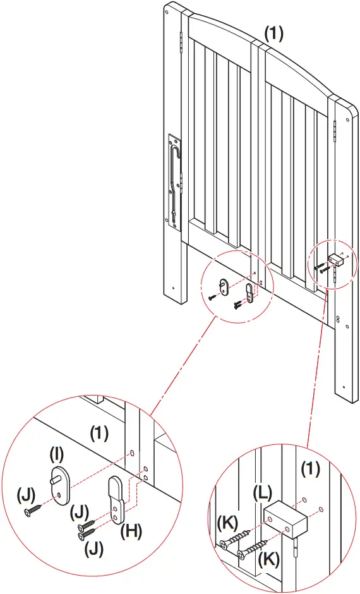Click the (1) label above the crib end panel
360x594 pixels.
[273, 34]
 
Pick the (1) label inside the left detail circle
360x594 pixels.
[100, 433]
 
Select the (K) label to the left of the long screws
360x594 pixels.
[227, 523]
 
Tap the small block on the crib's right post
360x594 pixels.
[336, 258]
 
